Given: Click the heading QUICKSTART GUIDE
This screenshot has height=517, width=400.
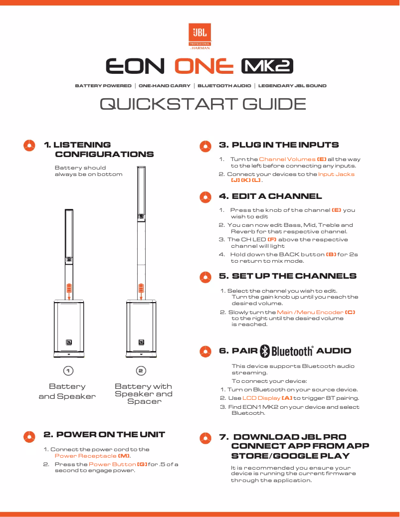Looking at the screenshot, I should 202,104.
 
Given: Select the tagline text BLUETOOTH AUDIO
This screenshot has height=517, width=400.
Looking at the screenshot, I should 224,86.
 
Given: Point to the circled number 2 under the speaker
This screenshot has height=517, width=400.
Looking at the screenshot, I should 141,371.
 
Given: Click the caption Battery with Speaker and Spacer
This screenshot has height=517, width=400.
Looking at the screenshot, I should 144,393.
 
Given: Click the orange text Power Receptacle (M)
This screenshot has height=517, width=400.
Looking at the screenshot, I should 93,456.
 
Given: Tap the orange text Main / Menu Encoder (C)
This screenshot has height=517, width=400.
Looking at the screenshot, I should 316,312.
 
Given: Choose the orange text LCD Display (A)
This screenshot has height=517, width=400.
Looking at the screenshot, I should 267,398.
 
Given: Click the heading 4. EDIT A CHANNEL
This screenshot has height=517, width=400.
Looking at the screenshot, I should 270,196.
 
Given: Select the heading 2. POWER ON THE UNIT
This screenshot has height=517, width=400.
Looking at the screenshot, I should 104,434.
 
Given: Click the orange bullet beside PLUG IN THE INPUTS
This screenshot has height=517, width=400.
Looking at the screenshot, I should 204,146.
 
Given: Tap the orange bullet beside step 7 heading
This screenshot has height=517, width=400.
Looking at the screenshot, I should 204,437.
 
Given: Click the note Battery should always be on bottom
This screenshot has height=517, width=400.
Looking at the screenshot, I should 88,171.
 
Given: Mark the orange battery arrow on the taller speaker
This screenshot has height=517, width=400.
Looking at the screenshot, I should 141,290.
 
